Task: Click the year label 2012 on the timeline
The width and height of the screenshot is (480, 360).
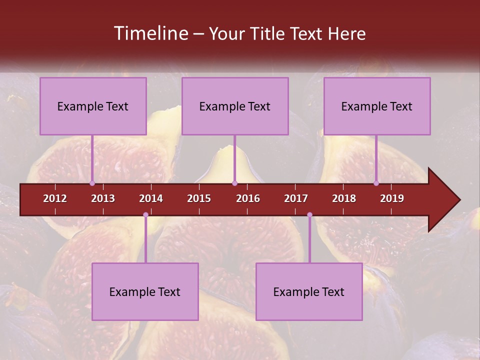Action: coord(55,198)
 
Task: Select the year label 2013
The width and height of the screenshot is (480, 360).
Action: coord(103,198)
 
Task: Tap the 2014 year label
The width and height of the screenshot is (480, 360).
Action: coord(151,198)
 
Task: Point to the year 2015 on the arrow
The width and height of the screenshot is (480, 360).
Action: coord(199,198)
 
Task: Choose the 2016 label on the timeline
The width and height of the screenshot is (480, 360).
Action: coord(248,198)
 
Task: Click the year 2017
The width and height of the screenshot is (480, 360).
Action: coord(296,198)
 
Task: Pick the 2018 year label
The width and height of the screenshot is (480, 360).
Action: coord(344,198)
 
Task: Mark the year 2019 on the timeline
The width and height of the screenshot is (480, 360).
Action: coord(392,198)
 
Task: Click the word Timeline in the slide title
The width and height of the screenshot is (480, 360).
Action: coord(150,33)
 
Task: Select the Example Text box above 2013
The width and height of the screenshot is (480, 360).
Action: coord(93,106)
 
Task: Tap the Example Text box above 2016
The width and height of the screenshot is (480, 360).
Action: coord(235,106)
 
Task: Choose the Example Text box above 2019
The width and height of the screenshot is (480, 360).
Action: coord(377,106)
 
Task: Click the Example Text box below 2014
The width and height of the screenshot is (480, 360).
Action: coord(145,291)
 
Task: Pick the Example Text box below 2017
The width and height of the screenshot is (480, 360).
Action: coord(309,291)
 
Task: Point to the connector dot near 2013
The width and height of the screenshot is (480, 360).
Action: coord(92,183)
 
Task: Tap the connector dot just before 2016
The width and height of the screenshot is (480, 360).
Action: coord(234,183)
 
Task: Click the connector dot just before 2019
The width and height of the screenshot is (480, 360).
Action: coord(376,183)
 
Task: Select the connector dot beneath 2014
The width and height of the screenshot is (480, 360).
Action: coord(145,215)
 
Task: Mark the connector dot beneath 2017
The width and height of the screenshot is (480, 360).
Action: coord(309,215)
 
